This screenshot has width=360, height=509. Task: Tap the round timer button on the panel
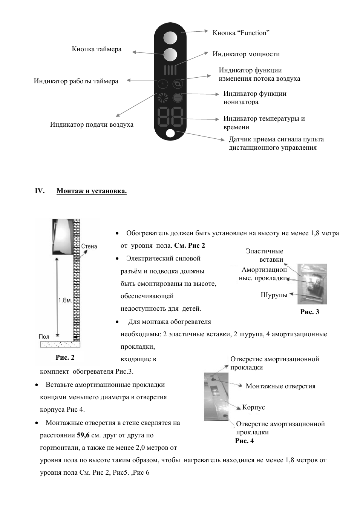pos(170,55)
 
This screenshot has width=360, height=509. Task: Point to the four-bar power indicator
pos(170,70)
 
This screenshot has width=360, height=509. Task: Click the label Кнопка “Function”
pos(241,33)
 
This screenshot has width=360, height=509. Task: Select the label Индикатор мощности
pos(246,54)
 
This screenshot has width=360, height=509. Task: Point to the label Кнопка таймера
pos(97,49)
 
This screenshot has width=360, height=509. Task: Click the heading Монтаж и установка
pos(92,191)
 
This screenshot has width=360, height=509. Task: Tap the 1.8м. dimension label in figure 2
pos(65,300)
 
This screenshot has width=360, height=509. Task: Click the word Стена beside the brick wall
pos(89,246)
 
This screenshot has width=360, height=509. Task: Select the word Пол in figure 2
pos(44,336)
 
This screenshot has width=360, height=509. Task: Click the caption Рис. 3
pos(309,312)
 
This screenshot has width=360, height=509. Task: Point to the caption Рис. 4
pos(244,441)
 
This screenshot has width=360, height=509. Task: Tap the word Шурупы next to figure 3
pos(274,295)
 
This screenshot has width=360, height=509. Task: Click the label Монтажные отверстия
pos(280,386)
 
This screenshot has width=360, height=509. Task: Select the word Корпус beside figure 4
pos(253,407)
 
